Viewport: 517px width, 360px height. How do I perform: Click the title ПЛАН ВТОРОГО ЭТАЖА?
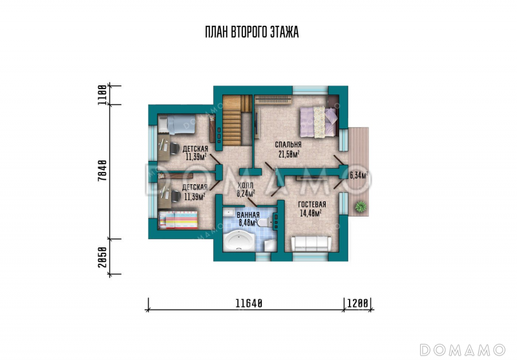click(252, 32)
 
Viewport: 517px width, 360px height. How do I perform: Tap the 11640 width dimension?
click(249, 303)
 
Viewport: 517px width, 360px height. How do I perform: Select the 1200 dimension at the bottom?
click(357, 303)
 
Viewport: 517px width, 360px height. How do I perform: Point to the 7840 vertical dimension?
click(103, 171)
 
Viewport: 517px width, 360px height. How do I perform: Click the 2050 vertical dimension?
click(103, 257)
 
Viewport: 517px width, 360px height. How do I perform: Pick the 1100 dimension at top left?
click(103, 95)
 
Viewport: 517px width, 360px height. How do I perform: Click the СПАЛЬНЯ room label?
click(288, 145)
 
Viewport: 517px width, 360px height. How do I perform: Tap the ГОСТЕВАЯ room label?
click(312, 204)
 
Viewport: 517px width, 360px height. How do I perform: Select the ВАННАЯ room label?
click(248, 215)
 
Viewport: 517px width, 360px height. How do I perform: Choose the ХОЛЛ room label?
click(246, 186)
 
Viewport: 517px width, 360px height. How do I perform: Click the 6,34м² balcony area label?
click(359, 176)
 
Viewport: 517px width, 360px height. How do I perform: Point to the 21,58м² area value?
click(289, 154)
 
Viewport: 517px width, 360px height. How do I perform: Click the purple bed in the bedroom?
click(319, 122)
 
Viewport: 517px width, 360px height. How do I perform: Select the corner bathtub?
click(238, 240)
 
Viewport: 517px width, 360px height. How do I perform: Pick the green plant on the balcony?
click(361, 207)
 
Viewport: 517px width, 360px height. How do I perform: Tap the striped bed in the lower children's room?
click(178, 220)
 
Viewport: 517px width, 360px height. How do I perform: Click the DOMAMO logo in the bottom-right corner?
click(463, 349)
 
